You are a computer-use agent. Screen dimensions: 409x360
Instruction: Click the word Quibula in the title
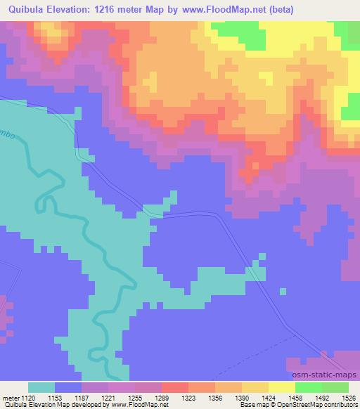coord(30,9)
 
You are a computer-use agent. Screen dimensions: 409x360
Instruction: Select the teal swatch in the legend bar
coord(41,387)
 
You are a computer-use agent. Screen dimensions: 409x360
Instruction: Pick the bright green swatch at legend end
coord(335,387)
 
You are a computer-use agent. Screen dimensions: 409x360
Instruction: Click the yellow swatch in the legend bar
coord(281,387)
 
